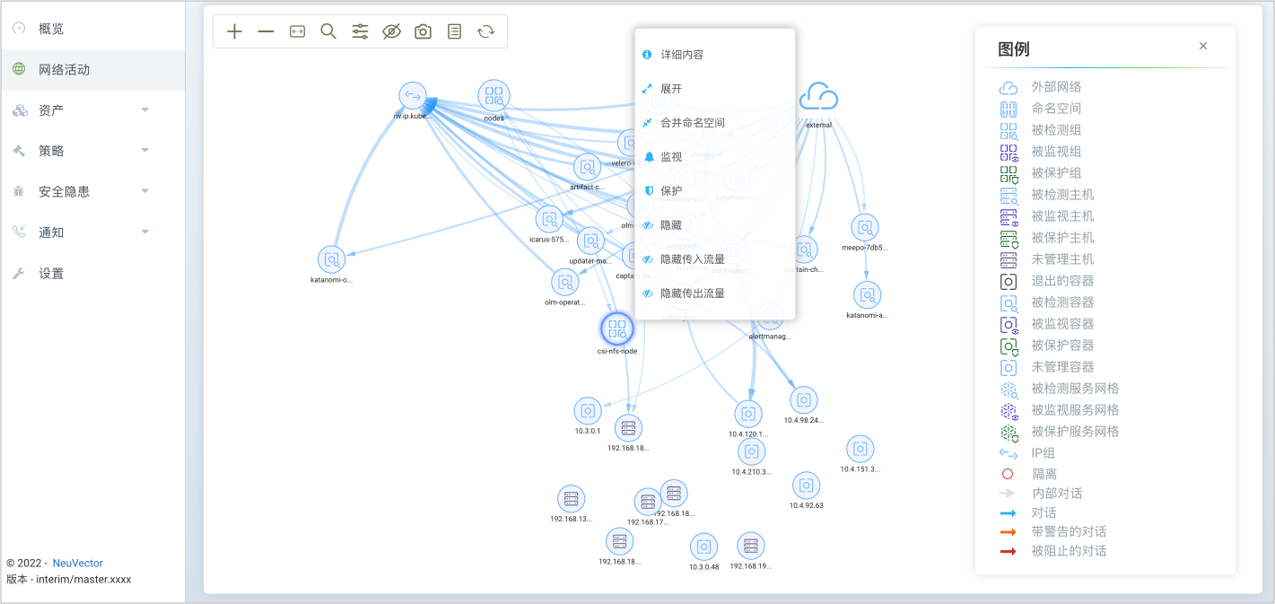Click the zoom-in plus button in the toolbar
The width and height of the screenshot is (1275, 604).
pyautogui.click(x=235, y=31)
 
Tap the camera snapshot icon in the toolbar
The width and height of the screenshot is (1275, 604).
pyautogui.click(x=423, y=31)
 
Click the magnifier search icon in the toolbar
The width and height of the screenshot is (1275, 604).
pyautogui.click(x=328, y=31)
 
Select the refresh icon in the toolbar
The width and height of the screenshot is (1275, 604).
pyautogui.click(x=485, y=31)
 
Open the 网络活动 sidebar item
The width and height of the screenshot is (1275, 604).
pyautogui.click(x=64, y=69)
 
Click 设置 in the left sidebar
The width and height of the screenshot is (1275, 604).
pyautogui.click(x=51, y=274)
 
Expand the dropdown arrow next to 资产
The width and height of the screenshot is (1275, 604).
pyautogui.click(x=145, y=110)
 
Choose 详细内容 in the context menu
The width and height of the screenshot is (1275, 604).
pyautogui.click(x=682, y=55)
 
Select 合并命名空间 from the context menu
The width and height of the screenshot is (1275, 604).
pyautogui.click(x=692, y=123)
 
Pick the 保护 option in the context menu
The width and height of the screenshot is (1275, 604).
pyautogui.click(x=671, y=191)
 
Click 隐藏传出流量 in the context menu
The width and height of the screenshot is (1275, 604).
pyautogui.click(x=692, y=293)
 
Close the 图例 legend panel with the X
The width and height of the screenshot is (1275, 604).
pyautogui.click(x=1203, y=46)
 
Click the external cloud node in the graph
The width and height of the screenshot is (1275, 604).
pyautogui.click(x=818, y=96)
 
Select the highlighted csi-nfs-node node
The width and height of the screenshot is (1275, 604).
pyautogui.click(x=616, y=328)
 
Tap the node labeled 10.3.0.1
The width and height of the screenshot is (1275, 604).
pyautogui.click(x=588, y=411)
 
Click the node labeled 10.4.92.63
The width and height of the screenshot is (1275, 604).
pyautogui.click(x=806, y=486)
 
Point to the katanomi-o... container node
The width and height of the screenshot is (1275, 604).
pyautogui.click(x=331, y=259)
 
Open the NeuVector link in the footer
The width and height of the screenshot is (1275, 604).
pyautogui.click(x=78, y=563)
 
